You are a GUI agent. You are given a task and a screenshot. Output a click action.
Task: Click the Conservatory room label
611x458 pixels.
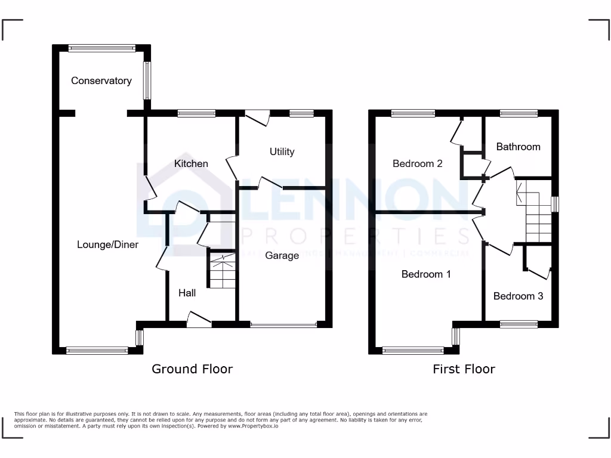click(101, 81)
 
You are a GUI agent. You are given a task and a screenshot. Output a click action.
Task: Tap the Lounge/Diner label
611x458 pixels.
click(107, 245)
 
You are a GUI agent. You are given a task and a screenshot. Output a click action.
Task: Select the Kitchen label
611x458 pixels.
click(191, 163)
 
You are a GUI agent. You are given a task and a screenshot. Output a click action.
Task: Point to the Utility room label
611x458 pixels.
click(282, 151)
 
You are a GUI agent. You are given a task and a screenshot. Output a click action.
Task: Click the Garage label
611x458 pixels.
click(282, 255)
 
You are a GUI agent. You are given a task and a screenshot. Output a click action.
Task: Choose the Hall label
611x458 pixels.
click(187, 293)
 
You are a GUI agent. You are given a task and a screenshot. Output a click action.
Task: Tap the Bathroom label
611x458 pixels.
click(518, 146)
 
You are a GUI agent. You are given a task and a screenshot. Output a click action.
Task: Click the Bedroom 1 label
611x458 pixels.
click(425, 274)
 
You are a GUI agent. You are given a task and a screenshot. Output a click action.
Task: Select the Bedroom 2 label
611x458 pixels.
click(417, 163)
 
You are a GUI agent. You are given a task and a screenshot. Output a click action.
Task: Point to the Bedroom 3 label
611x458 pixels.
click(518, 296)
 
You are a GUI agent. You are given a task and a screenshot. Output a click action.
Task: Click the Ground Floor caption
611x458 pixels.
click(192, 369)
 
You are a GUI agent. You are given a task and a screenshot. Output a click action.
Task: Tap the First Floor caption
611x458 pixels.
click(464, 369)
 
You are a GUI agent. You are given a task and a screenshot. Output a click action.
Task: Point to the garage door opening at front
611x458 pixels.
click(283, 325)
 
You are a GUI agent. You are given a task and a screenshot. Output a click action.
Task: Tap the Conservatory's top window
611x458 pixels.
click(101, 48)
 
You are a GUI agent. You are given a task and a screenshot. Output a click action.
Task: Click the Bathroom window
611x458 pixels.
click(518, 113)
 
